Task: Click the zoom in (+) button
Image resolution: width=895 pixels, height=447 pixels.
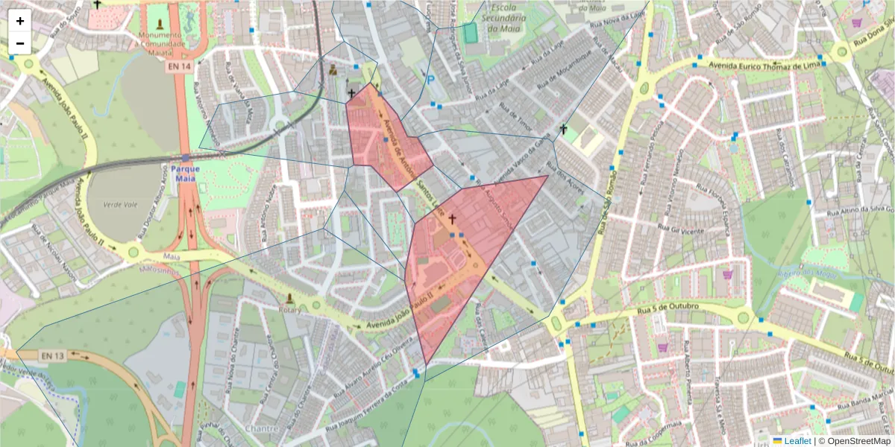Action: click(x=20, y=21)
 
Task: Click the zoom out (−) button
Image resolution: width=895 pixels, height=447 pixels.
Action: click(x=20, y=43)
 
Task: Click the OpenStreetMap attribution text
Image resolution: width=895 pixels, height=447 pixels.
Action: click(x=858, y=441)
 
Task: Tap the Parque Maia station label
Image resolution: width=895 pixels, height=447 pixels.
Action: click(x=184, y=168)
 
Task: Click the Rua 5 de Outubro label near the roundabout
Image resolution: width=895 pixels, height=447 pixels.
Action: click(x=668, y=307)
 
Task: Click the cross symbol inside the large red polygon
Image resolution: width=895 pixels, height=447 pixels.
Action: click(x=452, y=220)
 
